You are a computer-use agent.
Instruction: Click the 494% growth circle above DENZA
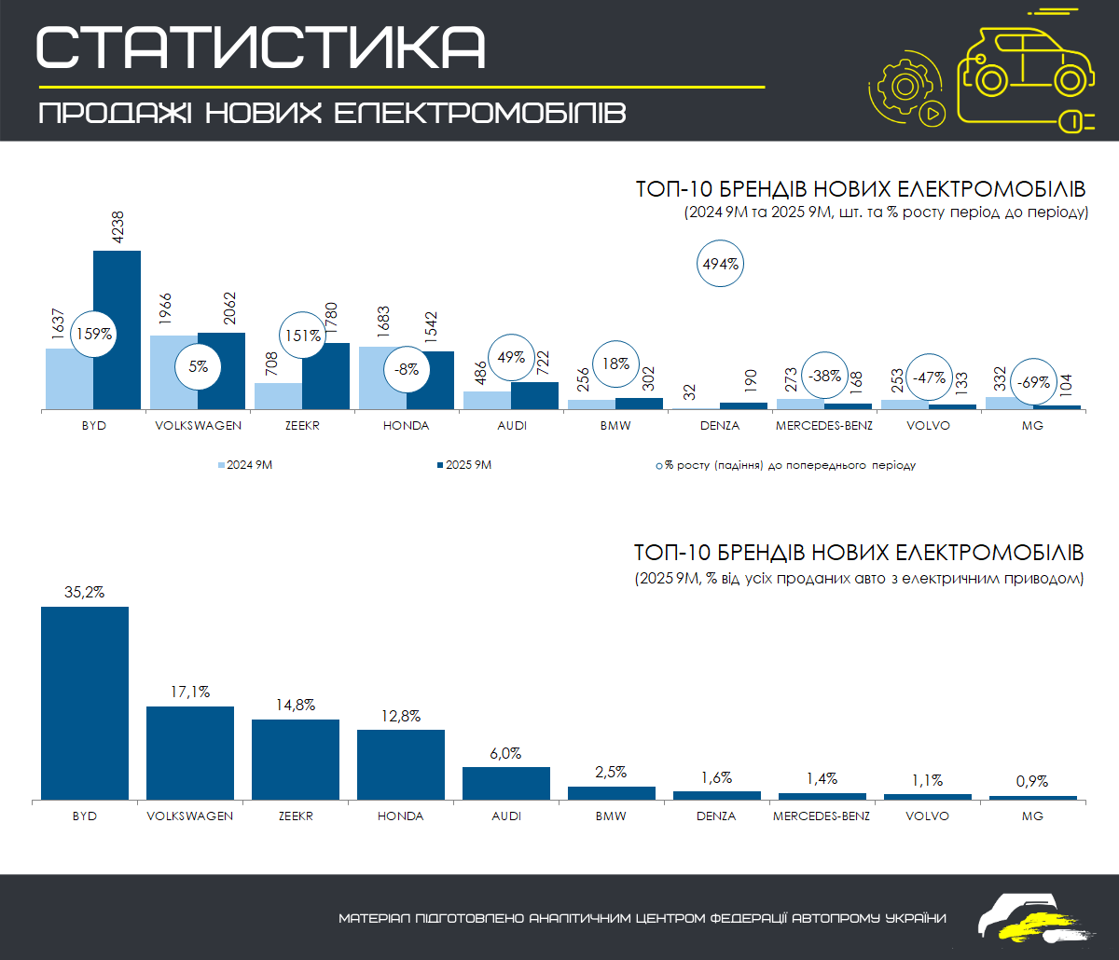click(x=720, y=264)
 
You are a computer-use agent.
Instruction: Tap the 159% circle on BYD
click(x=94, y=333)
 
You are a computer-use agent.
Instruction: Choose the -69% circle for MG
click(x=1033, y=382)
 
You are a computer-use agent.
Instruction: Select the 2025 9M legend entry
click(x=463, y=464)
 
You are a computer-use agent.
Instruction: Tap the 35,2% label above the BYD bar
click(x=84, y=591)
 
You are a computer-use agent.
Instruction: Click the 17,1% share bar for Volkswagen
click(x=190, y=752)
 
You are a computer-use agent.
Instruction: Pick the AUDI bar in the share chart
click(x=506, y=783)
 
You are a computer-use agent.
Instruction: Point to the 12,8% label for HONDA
click(x=400, y=716)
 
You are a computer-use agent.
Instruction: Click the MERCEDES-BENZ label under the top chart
click(x=823, y=426)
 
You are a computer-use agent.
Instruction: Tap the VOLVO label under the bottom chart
click(x=927, y=816)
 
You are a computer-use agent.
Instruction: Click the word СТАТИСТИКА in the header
click(x=261, y=47)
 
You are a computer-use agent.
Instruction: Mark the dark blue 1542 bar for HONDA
click(x=430, y=379)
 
